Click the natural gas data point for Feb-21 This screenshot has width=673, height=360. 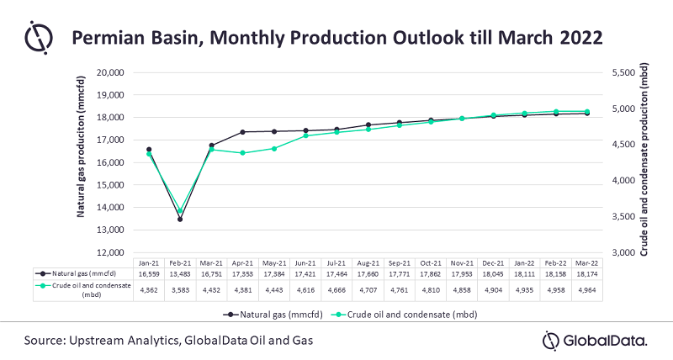click(x=179, y=220)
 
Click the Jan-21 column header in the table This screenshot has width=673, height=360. click(x=149, y=262)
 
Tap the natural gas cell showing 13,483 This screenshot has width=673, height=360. click(x=179, y=274)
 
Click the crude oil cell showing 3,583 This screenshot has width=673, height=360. click(x=179, y=290)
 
